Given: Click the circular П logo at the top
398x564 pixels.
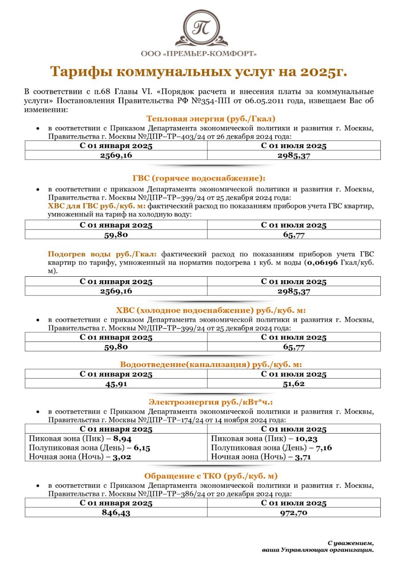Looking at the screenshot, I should coord(202,27).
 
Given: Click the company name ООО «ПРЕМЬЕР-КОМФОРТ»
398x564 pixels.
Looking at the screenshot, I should coord(199,53).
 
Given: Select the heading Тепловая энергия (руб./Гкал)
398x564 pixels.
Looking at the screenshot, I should coord(211,119).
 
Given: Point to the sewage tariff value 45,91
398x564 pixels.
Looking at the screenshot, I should coord(116,383).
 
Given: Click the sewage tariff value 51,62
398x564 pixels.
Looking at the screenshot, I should coord(294,383).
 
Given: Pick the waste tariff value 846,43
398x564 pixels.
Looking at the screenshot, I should coord(116,512).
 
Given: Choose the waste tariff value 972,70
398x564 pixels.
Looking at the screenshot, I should coord(294,512).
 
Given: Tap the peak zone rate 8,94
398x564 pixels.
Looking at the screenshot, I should coord(122,439).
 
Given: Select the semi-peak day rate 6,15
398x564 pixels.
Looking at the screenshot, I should coord(142,448).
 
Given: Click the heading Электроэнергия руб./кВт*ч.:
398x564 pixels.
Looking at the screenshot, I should coord(210,402).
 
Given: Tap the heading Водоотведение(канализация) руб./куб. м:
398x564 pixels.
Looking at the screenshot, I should coord(211,364).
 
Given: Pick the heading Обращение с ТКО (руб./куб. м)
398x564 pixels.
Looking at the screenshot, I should coord(211,476).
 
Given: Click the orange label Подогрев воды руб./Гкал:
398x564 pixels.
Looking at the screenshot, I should coord(102,254).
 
